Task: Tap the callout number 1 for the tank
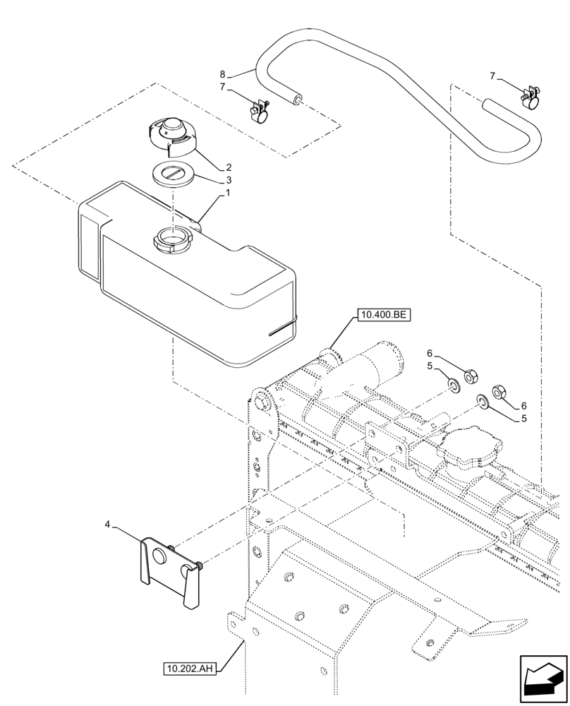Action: click(x=228, y=193)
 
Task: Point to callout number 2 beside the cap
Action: click(x=228, y=168)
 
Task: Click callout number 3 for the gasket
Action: click(x=228, y=180)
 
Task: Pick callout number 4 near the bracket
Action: click(x=107, y=524)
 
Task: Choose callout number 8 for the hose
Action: click(x=222, y=73)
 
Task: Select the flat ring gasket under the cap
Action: click(x=173, y=173)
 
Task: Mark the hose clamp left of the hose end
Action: click(x=262, y=110)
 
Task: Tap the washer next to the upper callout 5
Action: click(x=452, y=385)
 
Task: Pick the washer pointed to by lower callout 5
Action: click(x=482, y=402)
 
